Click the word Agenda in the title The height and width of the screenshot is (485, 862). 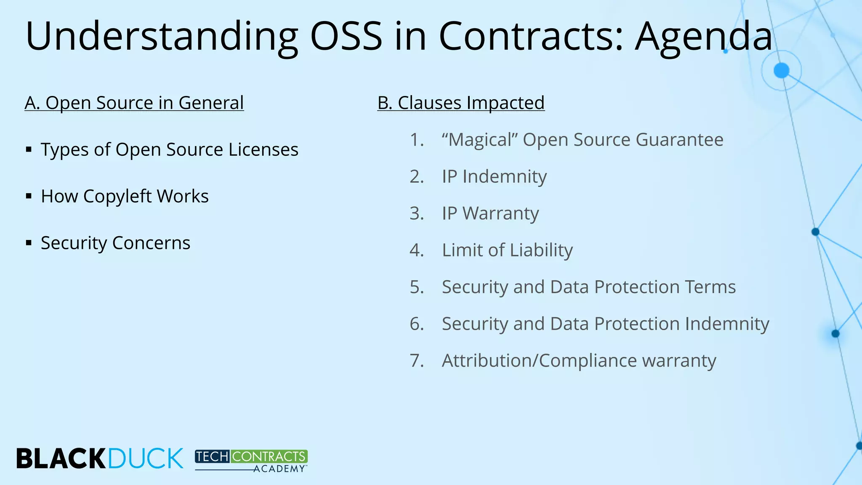tap(703, 37)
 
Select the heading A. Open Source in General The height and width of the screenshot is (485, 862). tap(134, 103)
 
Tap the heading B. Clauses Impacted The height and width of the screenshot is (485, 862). tap(461, 103)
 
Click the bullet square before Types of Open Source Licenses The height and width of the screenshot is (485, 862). tap(29, 149)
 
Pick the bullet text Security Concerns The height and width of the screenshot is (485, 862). tap(115, 243)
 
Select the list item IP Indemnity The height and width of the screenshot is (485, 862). tap(494, 176)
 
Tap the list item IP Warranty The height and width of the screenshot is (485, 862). tap(490, 213)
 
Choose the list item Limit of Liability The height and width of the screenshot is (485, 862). tap(507, 250)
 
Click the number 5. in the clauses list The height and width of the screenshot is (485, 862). tap(417, 287)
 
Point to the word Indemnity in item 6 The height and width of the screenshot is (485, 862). tap(727, 324)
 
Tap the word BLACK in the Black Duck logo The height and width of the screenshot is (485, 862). tap(61, 458)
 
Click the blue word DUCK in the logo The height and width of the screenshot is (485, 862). tap(146, 458)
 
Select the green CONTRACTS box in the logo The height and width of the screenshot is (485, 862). tap(269, 456)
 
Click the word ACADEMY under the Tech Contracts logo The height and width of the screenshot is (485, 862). tap(279, 469)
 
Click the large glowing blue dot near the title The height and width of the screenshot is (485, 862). tap(781, 70)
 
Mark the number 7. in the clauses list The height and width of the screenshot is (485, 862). tap(417, 361)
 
